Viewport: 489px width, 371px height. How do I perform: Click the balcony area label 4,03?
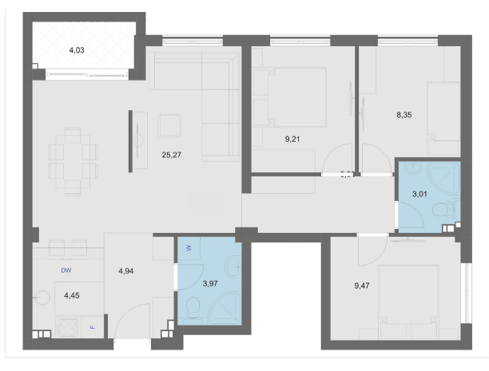click(x=77, y=50)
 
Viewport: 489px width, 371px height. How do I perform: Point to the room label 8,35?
click(x=405, y=114)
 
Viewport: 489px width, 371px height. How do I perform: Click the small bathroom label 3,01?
click(x=418, y=193)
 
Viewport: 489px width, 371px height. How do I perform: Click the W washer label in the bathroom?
click(x=188, y=247)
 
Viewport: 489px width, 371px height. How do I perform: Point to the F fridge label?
click(x=93, y=327)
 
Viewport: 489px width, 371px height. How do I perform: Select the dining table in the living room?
click(x=73, y=159)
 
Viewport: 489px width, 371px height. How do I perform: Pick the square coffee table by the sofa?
click(x=170, y=125)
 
